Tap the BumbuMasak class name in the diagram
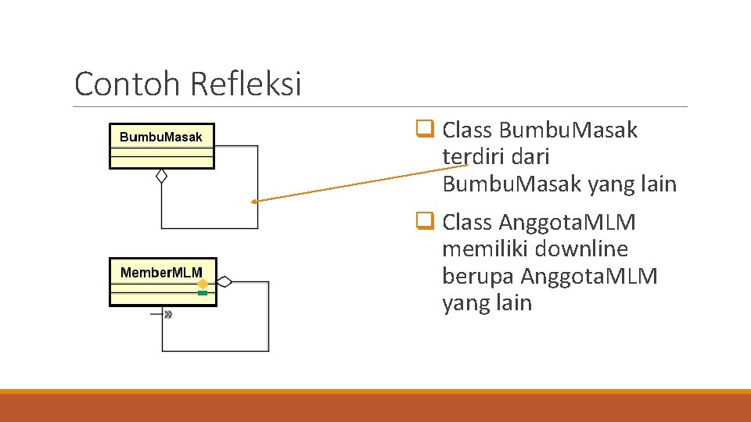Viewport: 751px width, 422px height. (x=160, y=138)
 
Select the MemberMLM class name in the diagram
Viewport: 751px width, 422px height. (x=161, y=273)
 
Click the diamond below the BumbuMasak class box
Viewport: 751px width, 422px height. (x=161, y=176)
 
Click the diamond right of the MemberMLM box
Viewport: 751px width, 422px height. (x=225, y=281)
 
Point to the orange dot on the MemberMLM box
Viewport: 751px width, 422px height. (x=203, y=284)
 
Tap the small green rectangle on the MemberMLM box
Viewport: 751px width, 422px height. (x=203, y=292)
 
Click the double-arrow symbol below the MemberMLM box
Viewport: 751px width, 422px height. (x=167, y=314)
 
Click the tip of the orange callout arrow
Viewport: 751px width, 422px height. (x=254, y=202)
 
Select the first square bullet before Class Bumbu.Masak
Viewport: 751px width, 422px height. (x=426, y=130)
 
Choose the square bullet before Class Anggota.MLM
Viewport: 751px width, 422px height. (x=426, y=222)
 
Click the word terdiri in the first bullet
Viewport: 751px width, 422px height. (x=469, y=157)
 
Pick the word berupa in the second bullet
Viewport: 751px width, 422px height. (x=478, y=277)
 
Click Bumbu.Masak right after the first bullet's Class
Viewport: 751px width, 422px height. (x=568, y=130)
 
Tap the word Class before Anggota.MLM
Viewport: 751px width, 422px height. (x=467, y=223)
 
